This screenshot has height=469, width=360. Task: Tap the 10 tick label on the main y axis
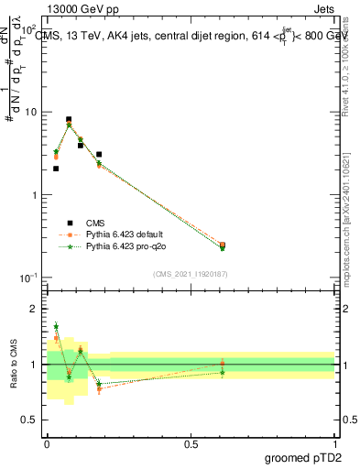pyautogui.click(x=31, y=113)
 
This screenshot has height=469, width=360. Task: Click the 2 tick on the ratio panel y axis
pyautogui.click(x=35, y=309)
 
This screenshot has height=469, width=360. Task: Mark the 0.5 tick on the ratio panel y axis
pyautogui.click(x=32, y=420)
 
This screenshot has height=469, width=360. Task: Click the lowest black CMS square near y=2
pyautogui.click(x=56, y=169)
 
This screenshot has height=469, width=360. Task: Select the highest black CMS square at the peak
pyautogui.click(x=69, y=119)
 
